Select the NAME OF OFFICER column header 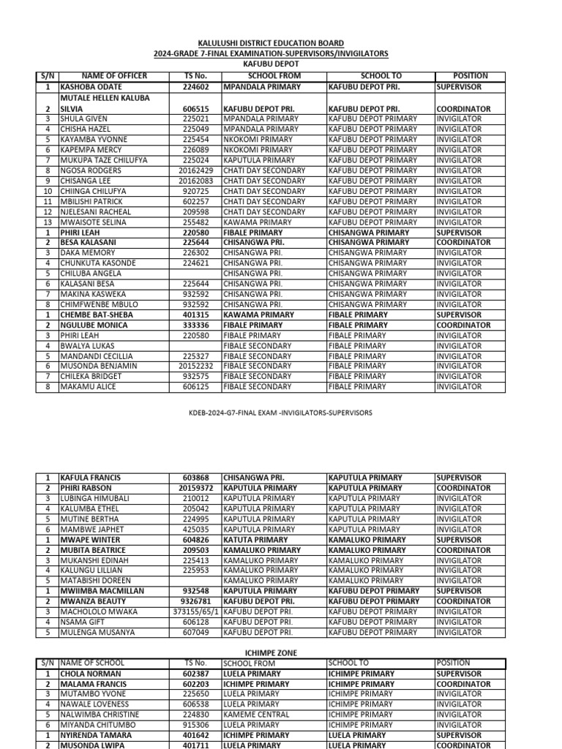pyautogui.click(x=114, y=76)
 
